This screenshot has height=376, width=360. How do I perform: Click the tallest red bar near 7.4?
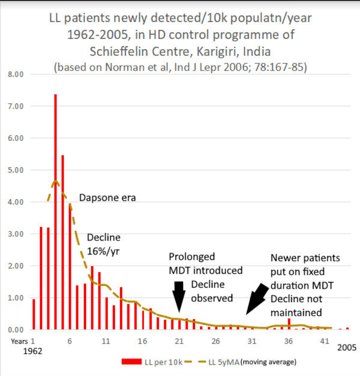pyautogui.click(x=55, y=212)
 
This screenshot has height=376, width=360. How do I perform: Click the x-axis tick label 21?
pyautogui.click(x=179, y=341)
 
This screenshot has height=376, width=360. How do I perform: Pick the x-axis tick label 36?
pyautogui.click(x=288, y=341)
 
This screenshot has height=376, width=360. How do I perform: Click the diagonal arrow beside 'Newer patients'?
pyautogui.click(x=257, y=297)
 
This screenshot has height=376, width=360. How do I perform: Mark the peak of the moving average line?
pyautogui.click(x=56, y=181)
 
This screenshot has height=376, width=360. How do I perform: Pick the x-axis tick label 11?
pyautogui.click(x=106, y=341)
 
